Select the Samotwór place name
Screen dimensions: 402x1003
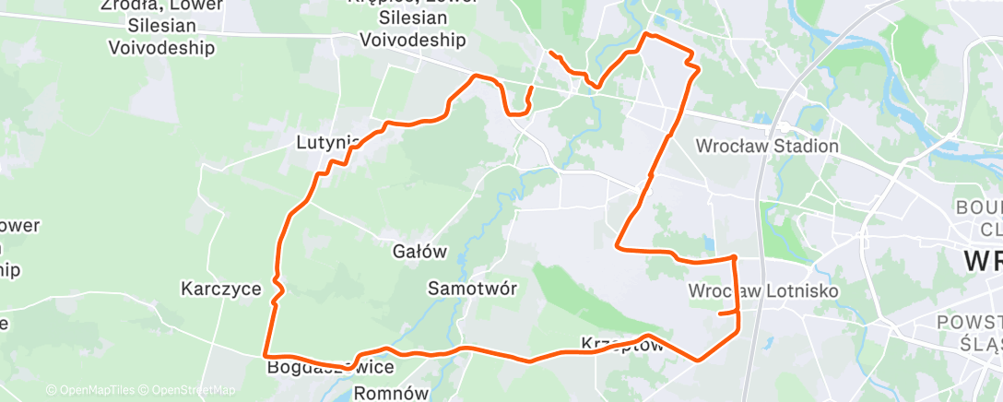point(472,288)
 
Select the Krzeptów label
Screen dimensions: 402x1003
point(622,344)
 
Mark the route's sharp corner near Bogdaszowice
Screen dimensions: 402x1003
point(265,354)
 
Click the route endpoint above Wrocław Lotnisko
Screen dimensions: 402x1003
point(720,314)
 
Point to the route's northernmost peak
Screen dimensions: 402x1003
point(646,34)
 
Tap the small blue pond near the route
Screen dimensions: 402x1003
point(707,244)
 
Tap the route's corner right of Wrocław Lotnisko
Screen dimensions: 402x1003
point(734,257)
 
